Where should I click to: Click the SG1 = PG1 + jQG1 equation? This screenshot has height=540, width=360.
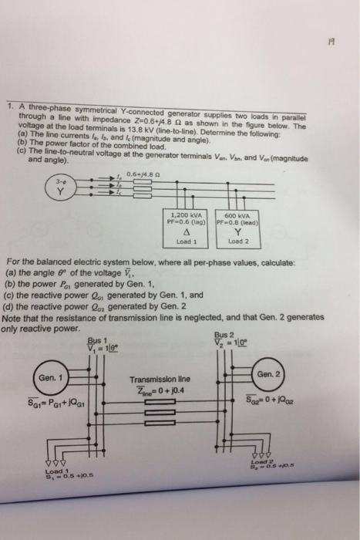pos(48,404)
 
